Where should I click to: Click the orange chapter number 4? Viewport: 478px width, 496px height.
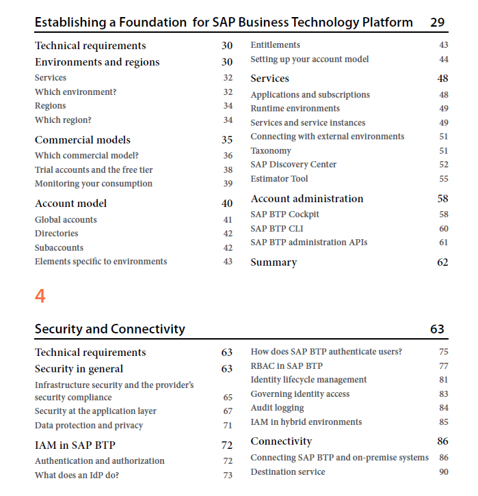pyautogui.click(x=40, y=297)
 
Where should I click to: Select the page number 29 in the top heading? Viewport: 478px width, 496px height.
pyautogui.click(x=437, y=23)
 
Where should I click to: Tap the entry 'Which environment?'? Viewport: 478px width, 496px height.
pyautogui.click(x=76, y=92)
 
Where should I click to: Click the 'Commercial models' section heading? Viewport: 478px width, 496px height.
pyautogui.click(x=83, y=140)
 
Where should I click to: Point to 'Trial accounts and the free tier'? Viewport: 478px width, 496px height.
pyautogui.click(x=94, y=170)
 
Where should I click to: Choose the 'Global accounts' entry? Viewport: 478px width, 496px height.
pyautogui.click(x=66, y=219)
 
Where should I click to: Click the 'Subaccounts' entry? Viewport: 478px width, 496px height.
pyautogui.click(x=59, y=248)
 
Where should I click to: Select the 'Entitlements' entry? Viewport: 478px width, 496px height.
pyautogui.click(x=276, y=45)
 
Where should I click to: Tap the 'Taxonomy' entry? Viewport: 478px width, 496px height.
pyautogui.click(x=271, y=151)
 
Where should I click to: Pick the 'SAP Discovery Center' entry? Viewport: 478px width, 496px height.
pyautogui.click(x=293, y=165)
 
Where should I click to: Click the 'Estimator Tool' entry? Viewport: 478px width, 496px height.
pyautogui.click(x=279, y=179)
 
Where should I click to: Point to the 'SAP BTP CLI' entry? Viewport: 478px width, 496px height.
pyautogui.click(x=277, y=229)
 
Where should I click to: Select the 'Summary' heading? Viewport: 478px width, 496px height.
pyautogui.click(x=274, y=262)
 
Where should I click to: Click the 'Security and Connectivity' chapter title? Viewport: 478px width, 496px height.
pyautogui.click(x=110, y=329)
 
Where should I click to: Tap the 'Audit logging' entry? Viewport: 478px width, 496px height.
pyautogui.click(x=278, y=408)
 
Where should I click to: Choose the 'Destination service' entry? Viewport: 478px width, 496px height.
pyautogui.click(x=288, y=472)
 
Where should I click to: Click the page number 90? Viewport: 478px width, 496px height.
pyautogui.click(x=444, y=472)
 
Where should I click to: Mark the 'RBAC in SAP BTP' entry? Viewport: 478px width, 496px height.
pyautogui.click(x=287, y=366)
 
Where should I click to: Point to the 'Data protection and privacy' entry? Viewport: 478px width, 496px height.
pyautogui.click(x=89, y=426)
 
